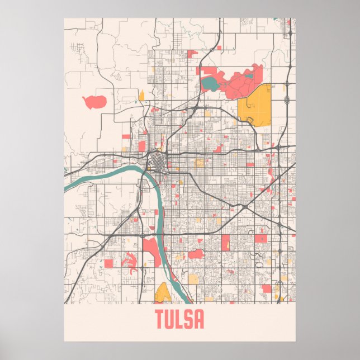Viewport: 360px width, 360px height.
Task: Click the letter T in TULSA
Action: pos(160,320)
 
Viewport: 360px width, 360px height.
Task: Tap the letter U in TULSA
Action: pos(170,320)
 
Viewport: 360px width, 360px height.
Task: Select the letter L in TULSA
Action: pos(180,320)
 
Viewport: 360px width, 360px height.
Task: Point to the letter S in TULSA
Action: pos(189,320)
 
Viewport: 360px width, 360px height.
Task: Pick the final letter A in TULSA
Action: pos(199,320)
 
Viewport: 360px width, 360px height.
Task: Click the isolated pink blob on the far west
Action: pos(94,102)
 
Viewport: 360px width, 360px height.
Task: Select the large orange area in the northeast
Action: pos(255,103)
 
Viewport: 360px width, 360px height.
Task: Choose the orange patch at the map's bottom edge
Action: pos(163,292)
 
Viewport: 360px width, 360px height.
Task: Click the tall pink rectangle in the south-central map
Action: pos(225,242)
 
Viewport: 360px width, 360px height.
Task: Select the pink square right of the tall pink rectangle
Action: pos(261,238)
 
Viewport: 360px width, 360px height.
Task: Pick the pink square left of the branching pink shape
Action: pos(108,262)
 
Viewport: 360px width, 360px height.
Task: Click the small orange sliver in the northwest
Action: pos(141,96)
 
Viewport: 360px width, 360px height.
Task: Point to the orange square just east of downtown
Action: pos(200,163)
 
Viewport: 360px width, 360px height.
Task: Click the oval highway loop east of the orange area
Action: pos(287,100)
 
